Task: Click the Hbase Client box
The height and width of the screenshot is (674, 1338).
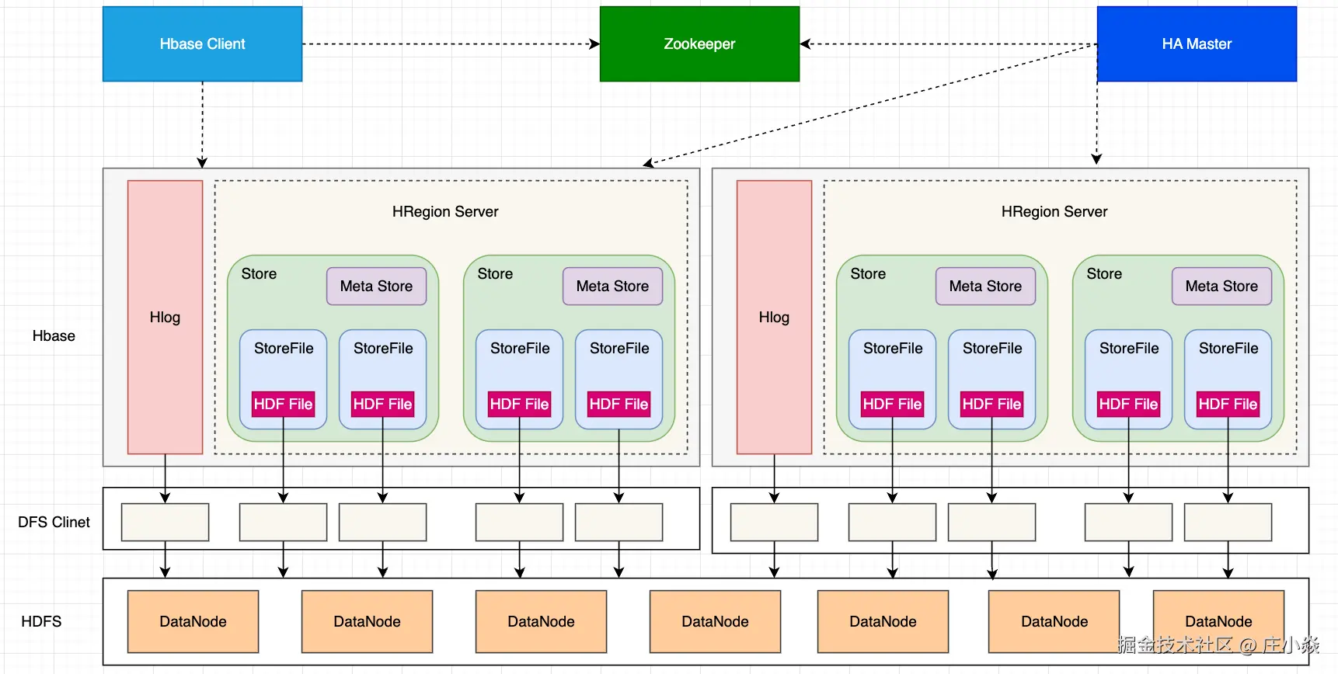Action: [202, 44]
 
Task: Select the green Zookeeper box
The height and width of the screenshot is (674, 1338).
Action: [699, 44]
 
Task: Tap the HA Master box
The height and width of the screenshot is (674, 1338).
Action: [1197, 44]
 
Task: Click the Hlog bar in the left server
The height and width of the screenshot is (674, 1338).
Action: [165, 317]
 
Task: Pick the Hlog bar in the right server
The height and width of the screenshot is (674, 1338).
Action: [774, 317]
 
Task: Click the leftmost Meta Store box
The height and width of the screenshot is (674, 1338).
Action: [376, 287]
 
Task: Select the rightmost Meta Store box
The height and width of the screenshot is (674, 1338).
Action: [1221, 287]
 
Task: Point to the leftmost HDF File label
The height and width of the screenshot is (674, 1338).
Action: [283, 404]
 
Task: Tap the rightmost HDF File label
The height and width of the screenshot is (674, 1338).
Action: [1228, 404]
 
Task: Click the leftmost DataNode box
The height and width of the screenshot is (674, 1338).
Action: [193, 621]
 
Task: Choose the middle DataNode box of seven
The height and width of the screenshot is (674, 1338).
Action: [715, 621]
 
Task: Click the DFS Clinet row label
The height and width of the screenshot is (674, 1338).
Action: [54, 522]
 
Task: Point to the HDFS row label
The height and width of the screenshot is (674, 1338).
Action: [41, 621]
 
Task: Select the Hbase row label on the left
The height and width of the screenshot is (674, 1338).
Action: [54, 335]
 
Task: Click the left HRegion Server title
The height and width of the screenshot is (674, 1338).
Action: [445, 211]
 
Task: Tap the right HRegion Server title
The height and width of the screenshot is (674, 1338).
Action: [1054, 211]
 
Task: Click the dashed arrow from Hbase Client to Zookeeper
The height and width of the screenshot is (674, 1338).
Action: [451, 44]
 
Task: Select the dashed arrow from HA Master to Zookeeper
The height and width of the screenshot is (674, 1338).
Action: [948, 44]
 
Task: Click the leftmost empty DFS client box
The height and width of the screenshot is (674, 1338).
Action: [165, 522]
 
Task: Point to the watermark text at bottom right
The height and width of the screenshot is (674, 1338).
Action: [1218, 644]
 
